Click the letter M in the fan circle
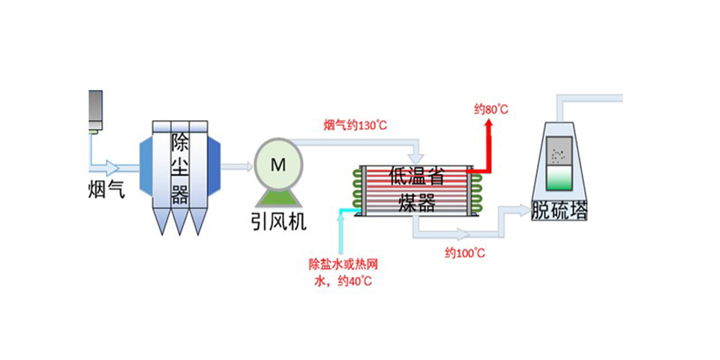278,166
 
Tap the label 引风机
278,222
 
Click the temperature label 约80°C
491,110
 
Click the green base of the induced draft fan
278,197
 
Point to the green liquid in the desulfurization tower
559,180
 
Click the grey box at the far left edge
95,109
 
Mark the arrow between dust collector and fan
239,166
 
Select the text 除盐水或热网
340,264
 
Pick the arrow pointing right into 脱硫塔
520,208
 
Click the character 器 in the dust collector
180,196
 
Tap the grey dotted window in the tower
559,154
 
